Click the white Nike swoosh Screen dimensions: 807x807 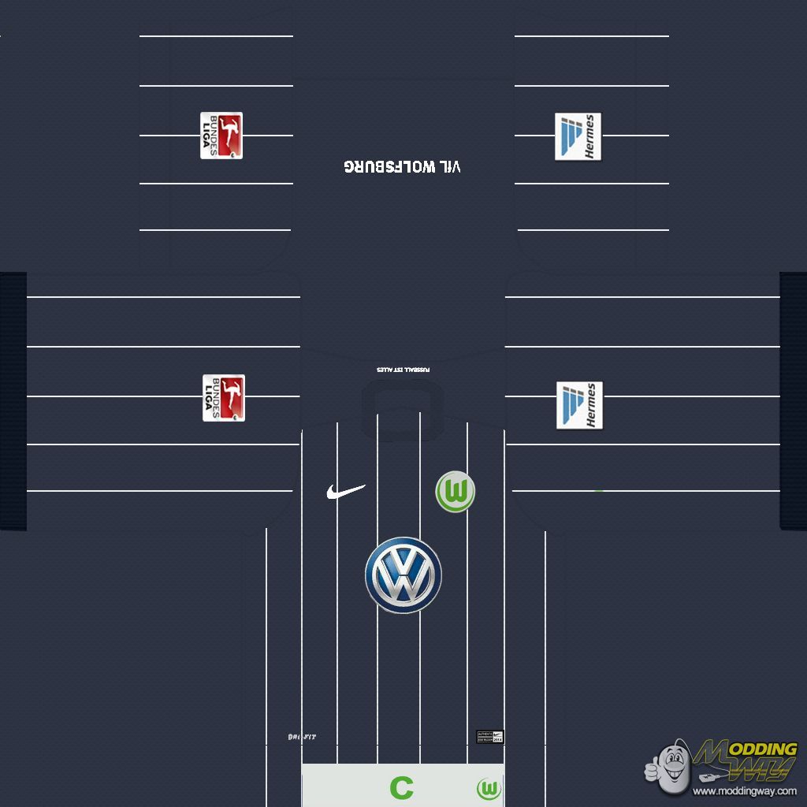click(x=345, y=492)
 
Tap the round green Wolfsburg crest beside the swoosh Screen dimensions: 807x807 click(x=455, y=492)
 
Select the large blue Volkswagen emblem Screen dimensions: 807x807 click(x=403, y=575)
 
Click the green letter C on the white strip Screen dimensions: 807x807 click(x=401, y=787)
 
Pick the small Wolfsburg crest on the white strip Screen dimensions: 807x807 click(x=489, y=788)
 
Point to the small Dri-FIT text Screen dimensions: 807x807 click(x=302, y=737)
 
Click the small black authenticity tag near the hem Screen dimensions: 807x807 click(x=489, y=737)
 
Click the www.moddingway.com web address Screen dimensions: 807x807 click(x=745, y=791)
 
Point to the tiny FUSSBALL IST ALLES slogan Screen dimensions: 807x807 click(x=403, y=370)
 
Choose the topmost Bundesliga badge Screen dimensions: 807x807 click(x=221, y=136)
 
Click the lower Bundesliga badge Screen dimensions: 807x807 click(x=224, y=397)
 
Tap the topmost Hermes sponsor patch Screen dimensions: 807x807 click(x=578, y=136)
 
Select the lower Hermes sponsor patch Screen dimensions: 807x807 click(x=579, y=406)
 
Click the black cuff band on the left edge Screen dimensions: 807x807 click(x=13, y=400)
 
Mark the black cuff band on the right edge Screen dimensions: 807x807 click(x=793, y=400)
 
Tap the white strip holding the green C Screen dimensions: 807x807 click(x=355, y=786)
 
